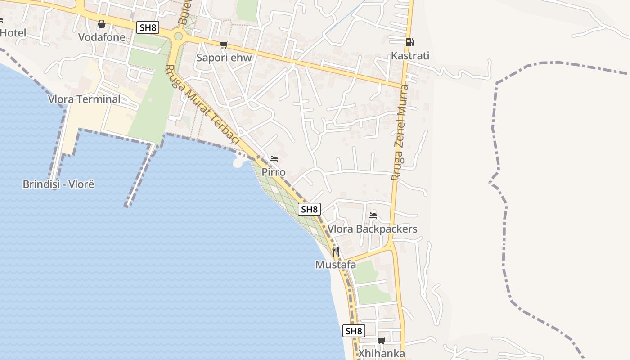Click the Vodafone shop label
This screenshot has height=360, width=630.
pos(102,37)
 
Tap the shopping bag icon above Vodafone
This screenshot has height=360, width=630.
pos(102,24)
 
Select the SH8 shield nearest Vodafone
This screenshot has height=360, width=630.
pos(148,27)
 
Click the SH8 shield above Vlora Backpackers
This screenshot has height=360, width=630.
pos(310,209)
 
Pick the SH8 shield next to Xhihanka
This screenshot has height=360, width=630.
pos(354,331)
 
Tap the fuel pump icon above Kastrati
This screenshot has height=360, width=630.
pos(409,42)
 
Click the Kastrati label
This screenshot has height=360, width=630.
pos(410,56)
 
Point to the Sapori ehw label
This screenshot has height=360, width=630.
pos(224,58)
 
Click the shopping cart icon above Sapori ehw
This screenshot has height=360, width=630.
pos(224,45)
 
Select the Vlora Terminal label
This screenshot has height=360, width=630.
pos(84,99)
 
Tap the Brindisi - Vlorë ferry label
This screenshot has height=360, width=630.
pos(58,184)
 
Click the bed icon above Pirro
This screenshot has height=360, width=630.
pos(273,159)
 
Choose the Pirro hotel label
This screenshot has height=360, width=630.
pos(274,172)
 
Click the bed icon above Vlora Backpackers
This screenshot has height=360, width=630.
pos(373,216)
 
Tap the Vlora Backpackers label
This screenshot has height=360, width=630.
pos(373,229)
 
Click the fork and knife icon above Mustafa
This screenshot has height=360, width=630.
pos(336,251)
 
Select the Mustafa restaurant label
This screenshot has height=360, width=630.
pos(336,265)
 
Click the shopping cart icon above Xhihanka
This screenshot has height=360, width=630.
pos(382,340)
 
